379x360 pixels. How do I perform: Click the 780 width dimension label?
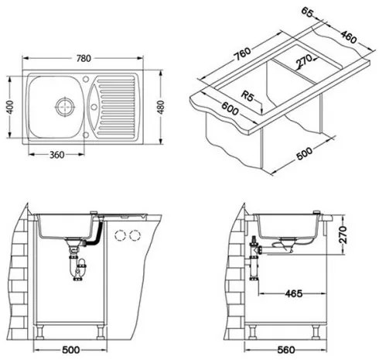point(84,58)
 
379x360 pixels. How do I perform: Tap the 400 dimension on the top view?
point(10,107)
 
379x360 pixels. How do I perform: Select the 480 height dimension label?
point(160,107)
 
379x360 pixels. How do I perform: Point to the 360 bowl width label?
point(56,155)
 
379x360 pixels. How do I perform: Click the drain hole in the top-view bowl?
point(65,106)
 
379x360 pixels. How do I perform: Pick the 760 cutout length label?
point(242,54)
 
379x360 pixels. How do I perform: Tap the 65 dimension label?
point(307,12)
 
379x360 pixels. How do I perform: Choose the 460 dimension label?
point(349,36)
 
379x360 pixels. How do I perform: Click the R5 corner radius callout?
point(248,96)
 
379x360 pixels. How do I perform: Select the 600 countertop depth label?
point(230,108)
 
